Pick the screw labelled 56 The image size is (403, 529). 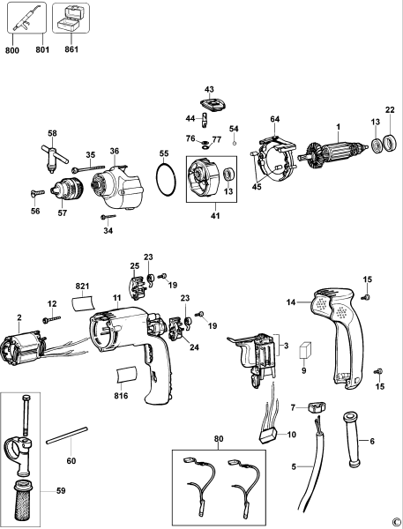pyautogui.click(x=34, y=194)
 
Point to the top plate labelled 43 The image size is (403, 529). pyautogui.click(x=209, y=105)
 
